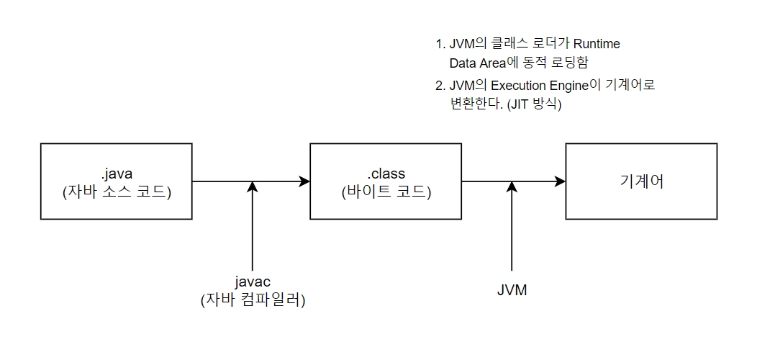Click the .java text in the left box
tap(117, 174)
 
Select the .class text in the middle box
tap(386, 174)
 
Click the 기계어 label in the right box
tap(641, 181)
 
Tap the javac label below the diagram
tap(253, 282)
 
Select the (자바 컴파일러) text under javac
tap(253, 300)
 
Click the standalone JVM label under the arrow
tap(512, 290)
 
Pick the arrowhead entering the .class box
tap(304, 182)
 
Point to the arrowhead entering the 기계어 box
tap(561, 182)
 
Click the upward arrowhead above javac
tap(253, 187)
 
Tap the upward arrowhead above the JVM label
tap(512, 187)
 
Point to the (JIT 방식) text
tap(534, 104)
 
